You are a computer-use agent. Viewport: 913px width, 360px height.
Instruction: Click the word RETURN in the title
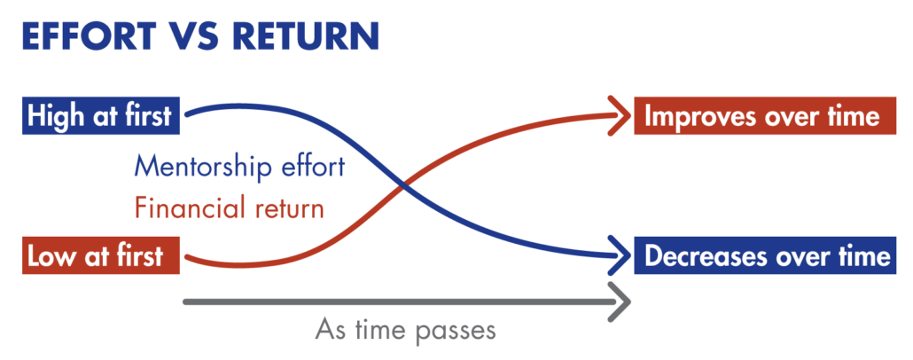[x=307, y=36]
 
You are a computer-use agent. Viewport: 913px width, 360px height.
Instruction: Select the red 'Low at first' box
[x=101, y=255]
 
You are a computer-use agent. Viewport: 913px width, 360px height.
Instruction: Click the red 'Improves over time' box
[x=764, y=116]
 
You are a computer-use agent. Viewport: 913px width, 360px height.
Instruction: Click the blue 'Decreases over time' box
[x=764, y=255]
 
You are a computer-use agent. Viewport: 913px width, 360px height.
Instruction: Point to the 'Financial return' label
[x=229, y=207]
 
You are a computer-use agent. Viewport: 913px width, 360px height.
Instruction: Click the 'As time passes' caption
[x=405, y=330]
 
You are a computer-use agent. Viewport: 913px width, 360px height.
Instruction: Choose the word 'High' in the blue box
[x=54, y=117]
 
